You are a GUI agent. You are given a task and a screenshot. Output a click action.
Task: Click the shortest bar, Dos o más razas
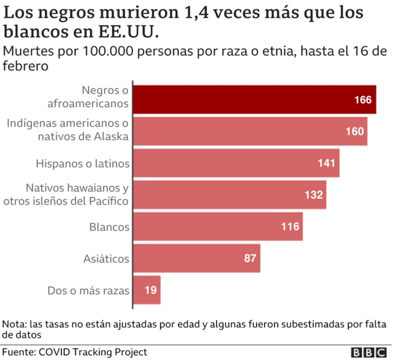coord(147,290)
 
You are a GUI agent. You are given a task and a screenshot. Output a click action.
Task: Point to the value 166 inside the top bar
coord(363,100)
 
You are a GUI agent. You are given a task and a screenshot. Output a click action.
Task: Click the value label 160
coord(355,131)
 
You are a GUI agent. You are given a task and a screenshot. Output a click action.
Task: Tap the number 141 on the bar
coord(327,163)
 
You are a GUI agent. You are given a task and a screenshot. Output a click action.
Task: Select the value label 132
coord(313,195)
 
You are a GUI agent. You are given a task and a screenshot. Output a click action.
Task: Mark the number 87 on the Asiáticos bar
coord(250,258)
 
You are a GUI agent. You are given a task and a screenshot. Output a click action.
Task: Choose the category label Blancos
coord(110,227)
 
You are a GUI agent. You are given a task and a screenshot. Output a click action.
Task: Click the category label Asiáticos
coord(106,259)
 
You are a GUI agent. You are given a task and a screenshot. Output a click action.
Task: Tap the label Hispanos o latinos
coord(82,164)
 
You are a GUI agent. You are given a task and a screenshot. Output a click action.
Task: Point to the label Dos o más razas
coord(88,290)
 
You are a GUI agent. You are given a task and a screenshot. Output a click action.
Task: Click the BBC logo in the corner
coord(369,352)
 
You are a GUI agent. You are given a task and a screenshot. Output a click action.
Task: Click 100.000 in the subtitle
coord(117,51)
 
